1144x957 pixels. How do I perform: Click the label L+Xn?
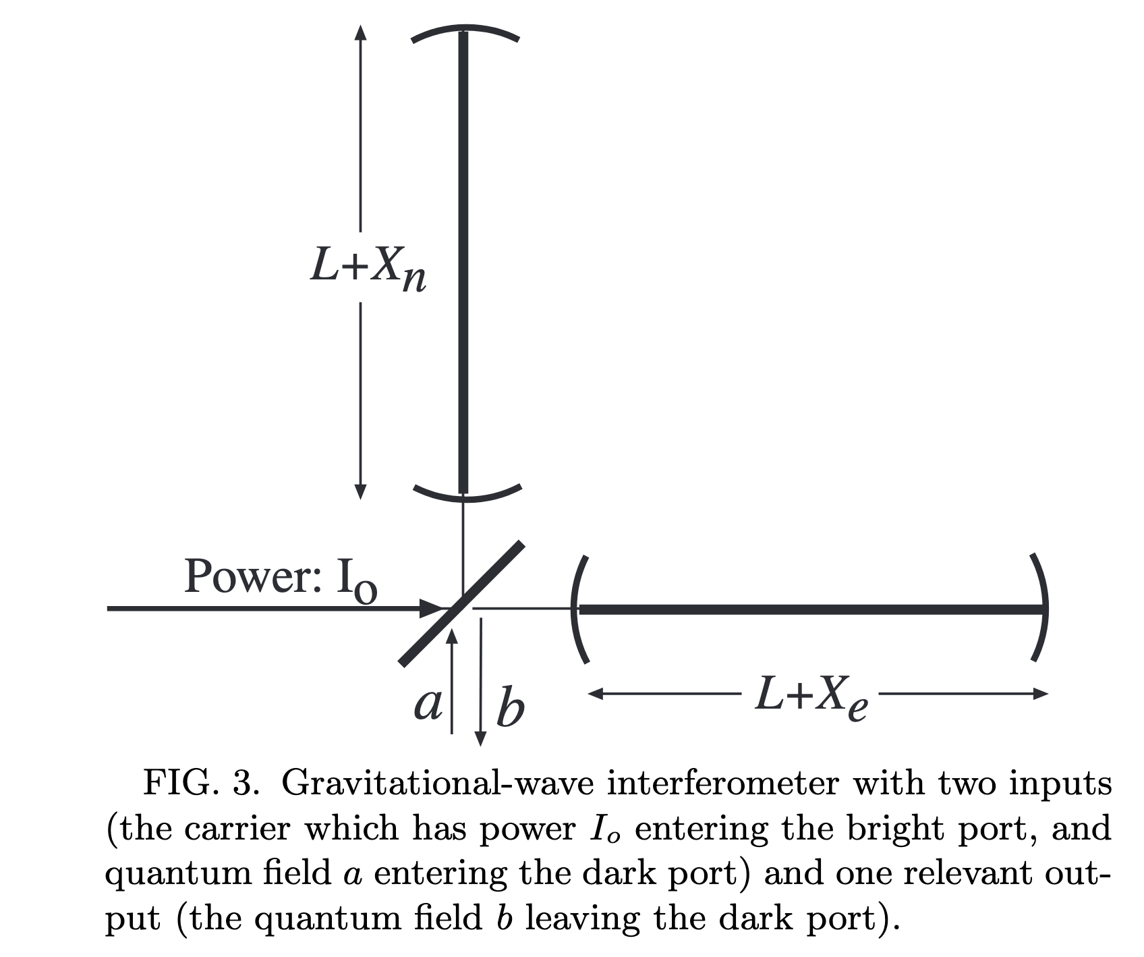point(368,269)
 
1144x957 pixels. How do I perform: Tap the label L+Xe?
point(811,697)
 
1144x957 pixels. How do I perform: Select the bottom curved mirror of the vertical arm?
point(465,498)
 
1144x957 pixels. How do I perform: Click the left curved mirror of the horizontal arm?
point(575,609)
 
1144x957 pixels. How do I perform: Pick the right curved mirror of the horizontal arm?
point(1043,607)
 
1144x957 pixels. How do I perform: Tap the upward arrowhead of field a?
point(452,636)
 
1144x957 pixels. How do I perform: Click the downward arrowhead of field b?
point(480,738)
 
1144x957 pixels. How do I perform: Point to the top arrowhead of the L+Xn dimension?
point(361,33)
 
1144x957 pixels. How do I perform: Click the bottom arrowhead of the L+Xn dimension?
point(361,491)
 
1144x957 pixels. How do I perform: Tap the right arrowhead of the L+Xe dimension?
point(1040,693)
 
